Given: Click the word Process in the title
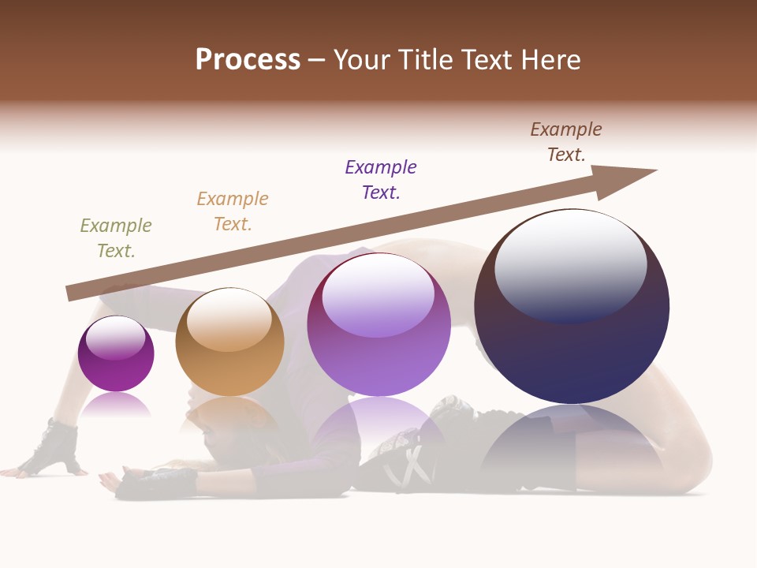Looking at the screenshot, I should tap(248, 60).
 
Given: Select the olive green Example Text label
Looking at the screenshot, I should tap(116, 238).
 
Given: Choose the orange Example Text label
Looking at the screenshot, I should tap(233, 211).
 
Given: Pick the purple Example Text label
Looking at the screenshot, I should tap(381, 180).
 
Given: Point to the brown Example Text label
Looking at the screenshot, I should tap(566, 142).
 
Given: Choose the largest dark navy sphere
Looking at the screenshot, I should tap(572, 347).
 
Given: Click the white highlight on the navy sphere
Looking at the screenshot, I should tap(571, 264).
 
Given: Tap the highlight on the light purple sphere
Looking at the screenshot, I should tap(378, 294).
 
